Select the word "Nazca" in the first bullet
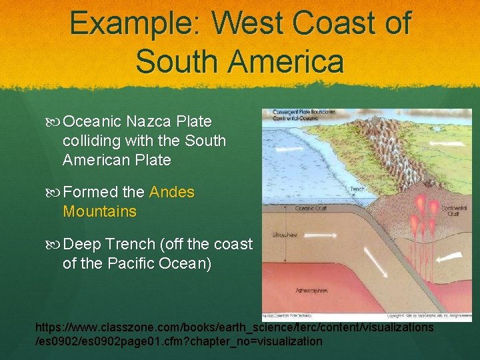tap(150, 122)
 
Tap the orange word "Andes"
tap(172, 193)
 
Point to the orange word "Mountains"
tap(99, 212)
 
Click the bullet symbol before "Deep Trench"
tap(55, 245)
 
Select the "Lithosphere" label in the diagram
tap(284, 235)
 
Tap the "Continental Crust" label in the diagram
tap(455, 211)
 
